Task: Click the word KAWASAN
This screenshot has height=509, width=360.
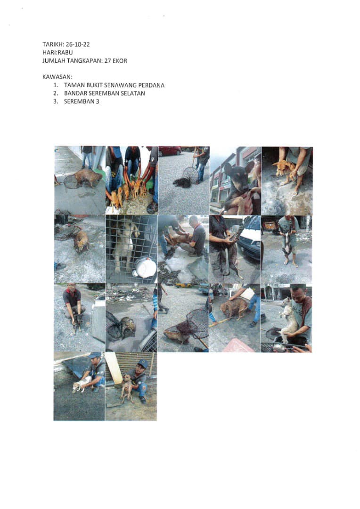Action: click(x=57, y=77)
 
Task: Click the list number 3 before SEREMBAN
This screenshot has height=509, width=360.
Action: click(x=56, y=101)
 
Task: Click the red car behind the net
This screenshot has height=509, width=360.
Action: click(x=170, y=151)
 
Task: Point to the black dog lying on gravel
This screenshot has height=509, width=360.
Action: click(x=182, y=182)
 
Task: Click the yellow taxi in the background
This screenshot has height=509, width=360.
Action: click(x=184, y=286)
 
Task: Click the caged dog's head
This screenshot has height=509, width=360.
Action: click(x=127, y=226)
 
